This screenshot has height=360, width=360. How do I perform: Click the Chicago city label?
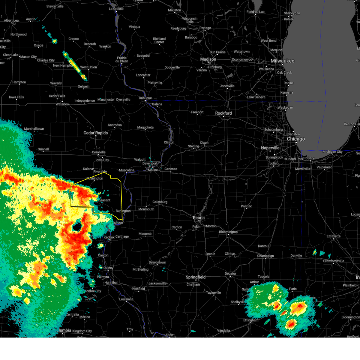[x=296, y=139]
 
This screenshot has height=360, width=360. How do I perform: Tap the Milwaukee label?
[x=282, y=61]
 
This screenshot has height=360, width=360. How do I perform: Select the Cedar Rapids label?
[x=95, y=133]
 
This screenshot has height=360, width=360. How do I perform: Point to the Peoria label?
[x=199, y=218]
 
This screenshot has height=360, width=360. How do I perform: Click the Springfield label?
[x=196, y=277]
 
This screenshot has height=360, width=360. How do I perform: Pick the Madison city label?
[x=208, y=59]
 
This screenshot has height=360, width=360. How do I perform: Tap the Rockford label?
[x=223, y=113]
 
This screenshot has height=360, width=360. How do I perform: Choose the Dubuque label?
[x=145, y=98]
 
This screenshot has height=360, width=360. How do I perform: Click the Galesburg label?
[x=160, y=202]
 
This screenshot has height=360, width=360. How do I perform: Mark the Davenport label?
[x=150, y=163]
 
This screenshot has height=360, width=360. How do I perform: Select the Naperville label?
[x=270, y=148]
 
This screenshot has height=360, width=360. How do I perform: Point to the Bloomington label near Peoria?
[x=228, y=232]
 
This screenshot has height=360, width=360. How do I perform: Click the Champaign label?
[x=265, y=256]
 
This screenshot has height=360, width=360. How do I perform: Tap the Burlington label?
[x=123, y=211]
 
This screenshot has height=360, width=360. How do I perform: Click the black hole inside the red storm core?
[x=77, y=227]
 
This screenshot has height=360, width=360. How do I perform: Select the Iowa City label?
[x=102, y=160]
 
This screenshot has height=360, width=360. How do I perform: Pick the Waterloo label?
[x=62, y=104]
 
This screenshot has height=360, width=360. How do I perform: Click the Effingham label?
[x=251, y=320]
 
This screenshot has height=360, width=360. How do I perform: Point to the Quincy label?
[x=108, y=268]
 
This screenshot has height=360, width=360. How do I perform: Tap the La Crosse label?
[x=116, y=9]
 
